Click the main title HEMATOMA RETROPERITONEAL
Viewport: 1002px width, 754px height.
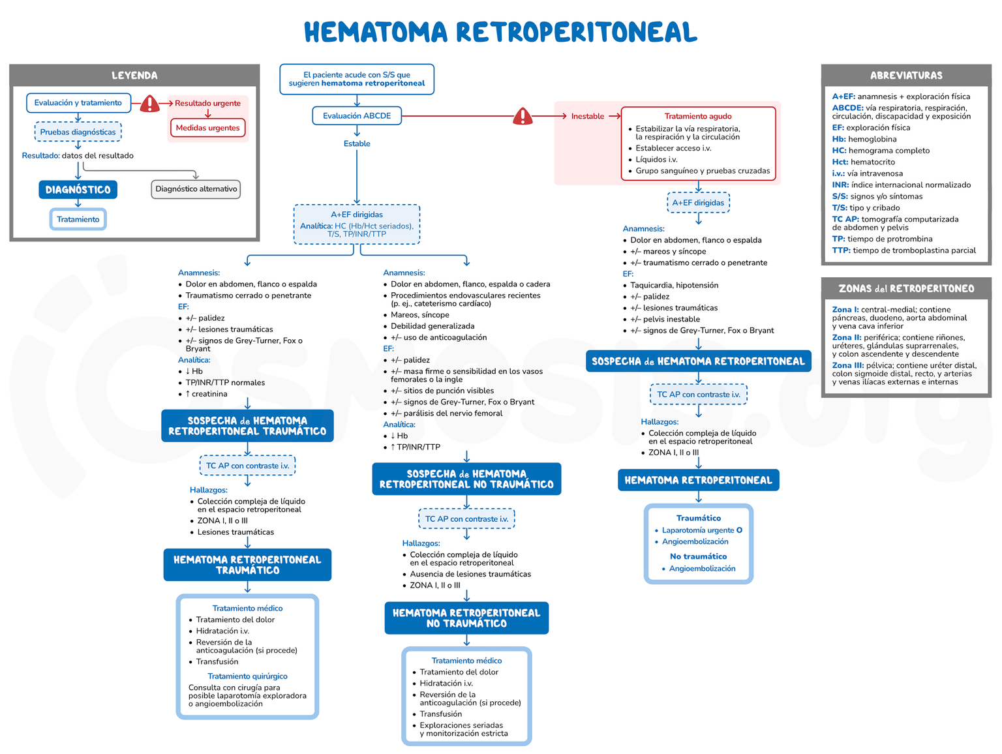500,32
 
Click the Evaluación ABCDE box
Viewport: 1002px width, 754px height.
357,116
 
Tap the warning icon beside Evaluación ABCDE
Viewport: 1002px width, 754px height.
523,117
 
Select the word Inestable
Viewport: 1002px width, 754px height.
587,117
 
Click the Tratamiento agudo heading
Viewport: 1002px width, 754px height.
698,116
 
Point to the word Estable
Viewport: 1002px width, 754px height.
357,144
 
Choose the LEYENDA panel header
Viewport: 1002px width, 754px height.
134,76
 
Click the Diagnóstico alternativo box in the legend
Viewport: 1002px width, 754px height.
196,189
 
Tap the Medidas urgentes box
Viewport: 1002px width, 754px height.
207,128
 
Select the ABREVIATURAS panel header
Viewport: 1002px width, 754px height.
906,76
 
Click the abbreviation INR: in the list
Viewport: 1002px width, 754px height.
840,185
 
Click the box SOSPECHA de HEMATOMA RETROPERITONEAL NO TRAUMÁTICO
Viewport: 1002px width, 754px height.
466,479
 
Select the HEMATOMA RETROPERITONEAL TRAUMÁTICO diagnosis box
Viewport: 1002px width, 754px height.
247,565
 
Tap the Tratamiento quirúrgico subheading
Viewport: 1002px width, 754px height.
247,676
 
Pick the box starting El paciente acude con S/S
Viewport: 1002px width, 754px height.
357,80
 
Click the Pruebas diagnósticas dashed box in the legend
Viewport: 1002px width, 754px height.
78,132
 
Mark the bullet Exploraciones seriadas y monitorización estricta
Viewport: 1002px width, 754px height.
463,729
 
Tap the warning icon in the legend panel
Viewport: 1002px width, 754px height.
149,104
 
